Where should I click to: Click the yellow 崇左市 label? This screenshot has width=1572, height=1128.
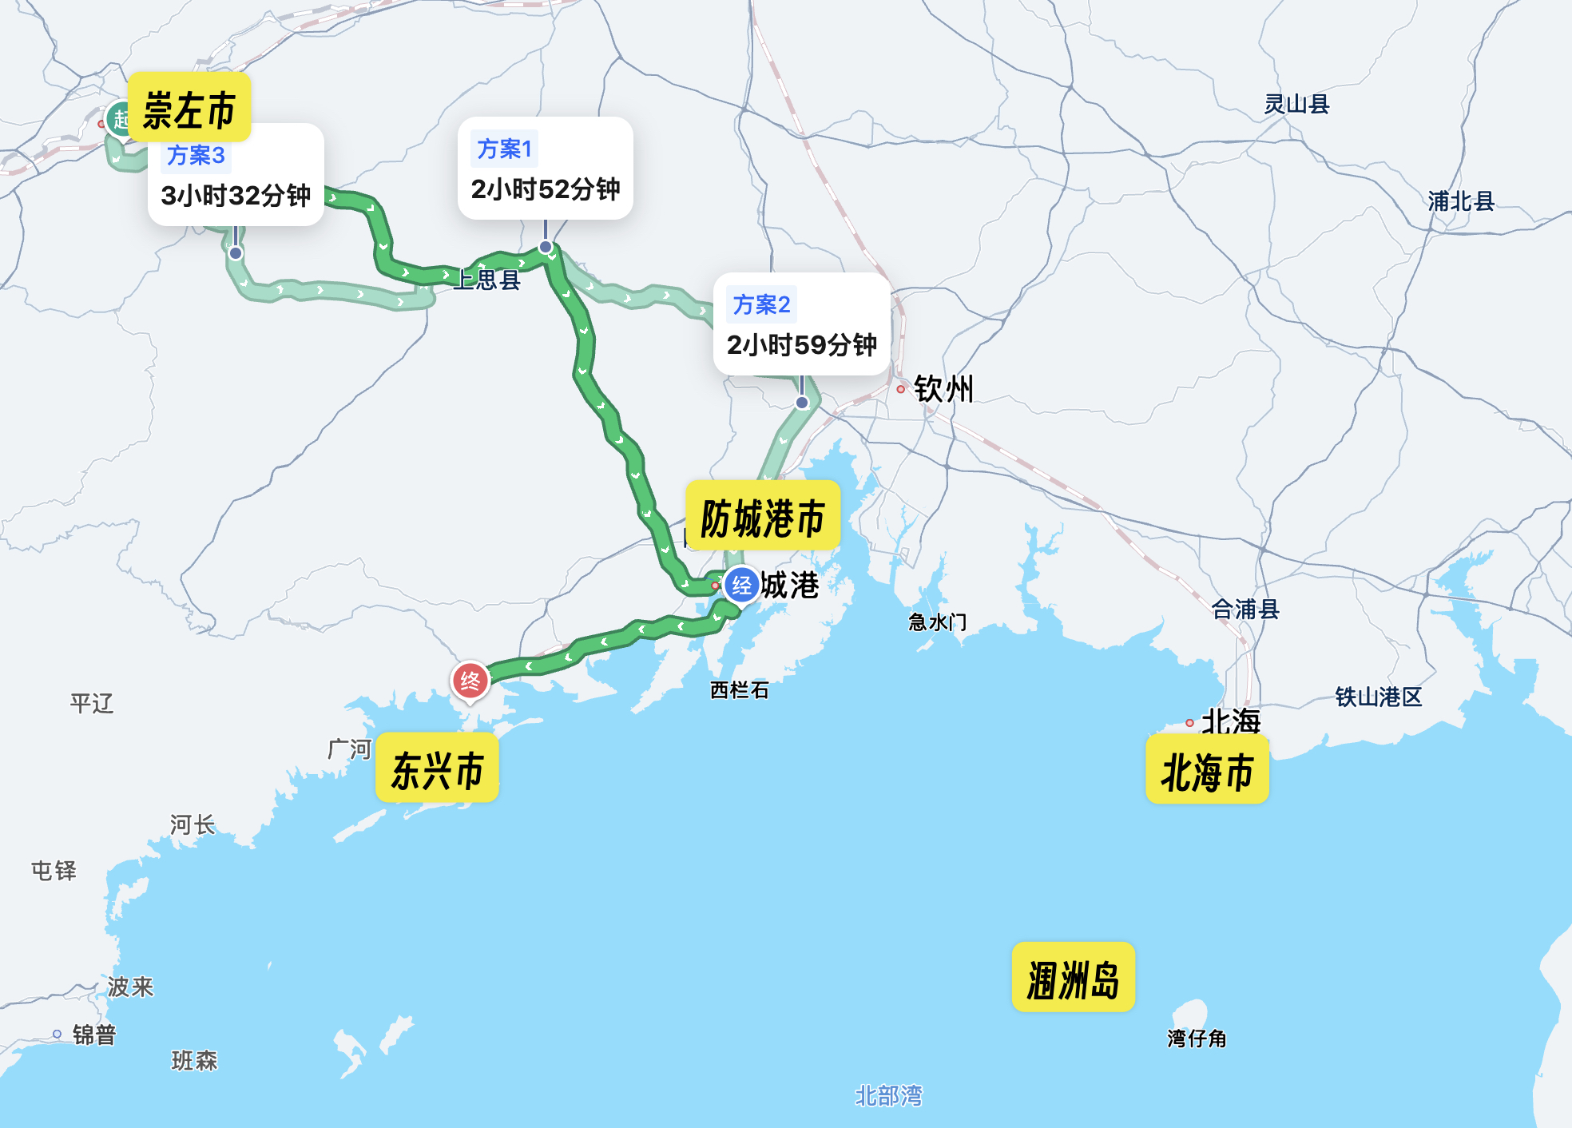pyautogui.click(x=189, y=109)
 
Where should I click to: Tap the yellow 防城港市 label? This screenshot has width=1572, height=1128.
pyautogui.click(x=763, y=518)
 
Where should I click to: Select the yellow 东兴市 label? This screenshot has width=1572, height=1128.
pyautogui.click(x=437, y=769)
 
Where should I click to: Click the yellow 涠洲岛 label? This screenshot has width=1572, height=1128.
pyautogui.click(x=1073, y=979)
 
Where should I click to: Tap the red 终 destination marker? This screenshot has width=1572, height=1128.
pyautogui.click(x=470, y=681)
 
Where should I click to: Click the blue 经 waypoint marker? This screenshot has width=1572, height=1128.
pyautogui.click(x=741, y=586)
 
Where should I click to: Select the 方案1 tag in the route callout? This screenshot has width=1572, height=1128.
pyautogui.click(x=504, y=149)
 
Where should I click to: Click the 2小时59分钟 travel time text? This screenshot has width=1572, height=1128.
pyautogui.click(x=801, y=345)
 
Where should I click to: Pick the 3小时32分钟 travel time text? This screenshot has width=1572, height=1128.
pyautogui.click(x=236, y=195)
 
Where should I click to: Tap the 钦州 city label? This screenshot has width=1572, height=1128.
pyautogui.click(x=943, y=389)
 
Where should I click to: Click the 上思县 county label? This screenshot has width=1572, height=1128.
pyautogui.click(x=487, y=280)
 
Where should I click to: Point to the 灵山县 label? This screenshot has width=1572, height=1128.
pyautogui.click(x=1296, y=104)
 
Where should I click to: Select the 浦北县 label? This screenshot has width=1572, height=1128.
pyautogui.click(x=1461, y=201)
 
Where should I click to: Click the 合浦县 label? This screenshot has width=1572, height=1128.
pyautogui.click(x=1245, y=610)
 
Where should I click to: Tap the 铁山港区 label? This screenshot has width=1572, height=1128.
pyautogui.click(x=1379, y=697)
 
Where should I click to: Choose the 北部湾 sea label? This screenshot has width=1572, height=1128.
pyautogui.click(x=888, y=1095)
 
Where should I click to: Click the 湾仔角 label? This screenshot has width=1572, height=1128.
pyautogui.click(x=1197, y=1038)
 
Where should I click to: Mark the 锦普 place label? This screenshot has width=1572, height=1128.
pyautogui.click(x=94, y=1035)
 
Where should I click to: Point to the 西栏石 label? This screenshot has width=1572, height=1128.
pyautogui.click(x=740, y=689)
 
